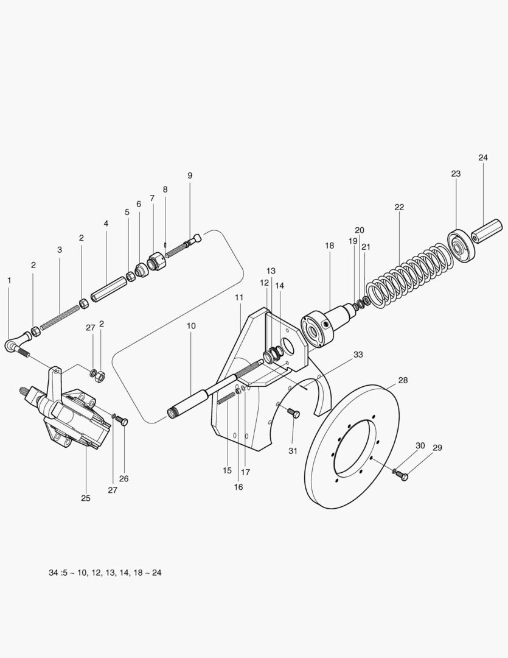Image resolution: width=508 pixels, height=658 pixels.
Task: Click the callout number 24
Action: (482, 158)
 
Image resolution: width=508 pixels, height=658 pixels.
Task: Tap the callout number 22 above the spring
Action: (399, 207)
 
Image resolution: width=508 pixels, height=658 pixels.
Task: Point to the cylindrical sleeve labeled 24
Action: (487, 230)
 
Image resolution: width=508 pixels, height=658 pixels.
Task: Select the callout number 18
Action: (329, 246)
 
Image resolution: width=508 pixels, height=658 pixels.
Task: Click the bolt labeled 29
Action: (403, 476)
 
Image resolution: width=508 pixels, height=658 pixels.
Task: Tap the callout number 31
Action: (293, 450)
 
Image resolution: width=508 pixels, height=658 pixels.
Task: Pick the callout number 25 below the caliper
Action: (85, 498)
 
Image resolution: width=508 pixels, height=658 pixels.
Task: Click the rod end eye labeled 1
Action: (15, 345)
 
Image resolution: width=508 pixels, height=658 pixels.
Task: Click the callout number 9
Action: (190, 175)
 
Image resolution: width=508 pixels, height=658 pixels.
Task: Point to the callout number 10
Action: (191, 326)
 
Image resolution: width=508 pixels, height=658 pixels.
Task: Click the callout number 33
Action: (358, 354)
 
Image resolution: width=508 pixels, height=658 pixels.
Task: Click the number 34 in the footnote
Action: (54, 573)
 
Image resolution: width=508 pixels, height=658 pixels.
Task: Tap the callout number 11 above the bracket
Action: (239, 297)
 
